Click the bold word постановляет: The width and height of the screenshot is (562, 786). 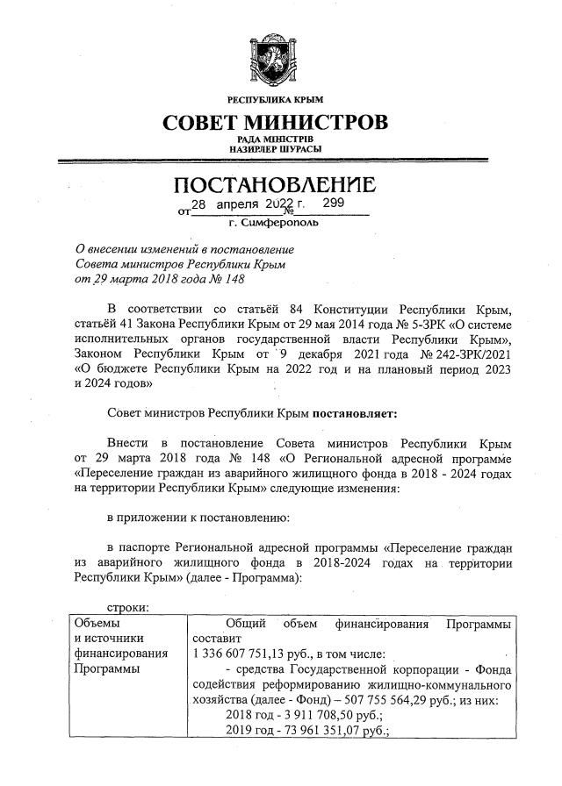(353, 411)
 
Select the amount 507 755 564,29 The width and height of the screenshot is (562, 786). (397, 698)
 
